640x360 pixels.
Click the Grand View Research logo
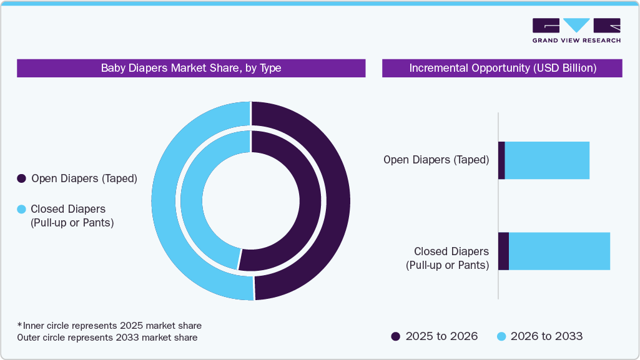(576, 30)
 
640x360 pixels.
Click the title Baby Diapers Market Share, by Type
(191, 68)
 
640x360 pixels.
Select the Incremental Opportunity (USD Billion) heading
(502, 68)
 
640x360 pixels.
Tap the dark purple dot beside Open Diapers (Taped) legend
(21, 178)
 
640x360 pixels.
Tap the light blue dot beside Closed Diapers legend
(21, 210)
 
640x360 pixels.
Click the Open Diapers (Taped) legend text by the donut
(84, 178)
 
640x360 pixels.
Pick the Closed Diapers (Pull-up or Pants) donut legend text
(72, 216)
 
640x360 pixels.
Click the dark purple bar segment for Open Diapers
(501, 160)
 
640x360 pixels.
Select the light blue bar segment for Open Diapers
(547, 160)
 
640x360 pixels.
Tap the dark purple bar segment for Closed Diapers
(503, 251)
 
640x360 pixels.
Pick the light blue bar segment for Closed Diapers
(559, 251)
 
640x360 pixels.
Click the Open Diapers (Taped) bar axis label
(436, 160)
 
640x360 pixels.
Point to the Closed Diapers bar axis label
(447, 258)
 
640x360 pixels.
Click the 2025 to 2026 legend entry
(435, 336)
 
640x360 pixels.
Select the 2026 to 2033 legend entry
(539, 336)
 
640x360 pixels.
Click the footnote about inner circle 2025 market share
(109, 326)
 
